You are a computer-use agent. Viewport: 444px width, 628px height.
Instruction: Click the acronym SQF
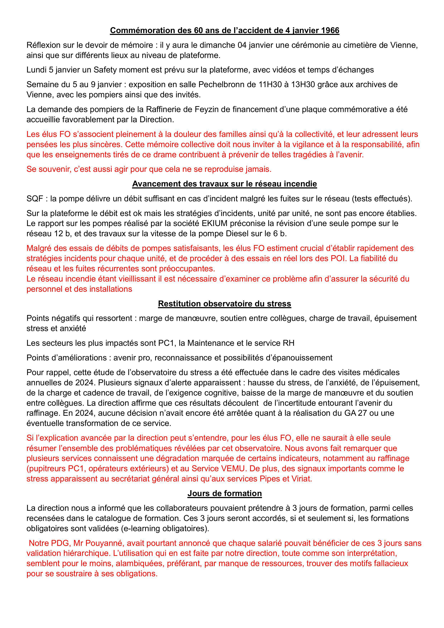click(35, 199)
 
